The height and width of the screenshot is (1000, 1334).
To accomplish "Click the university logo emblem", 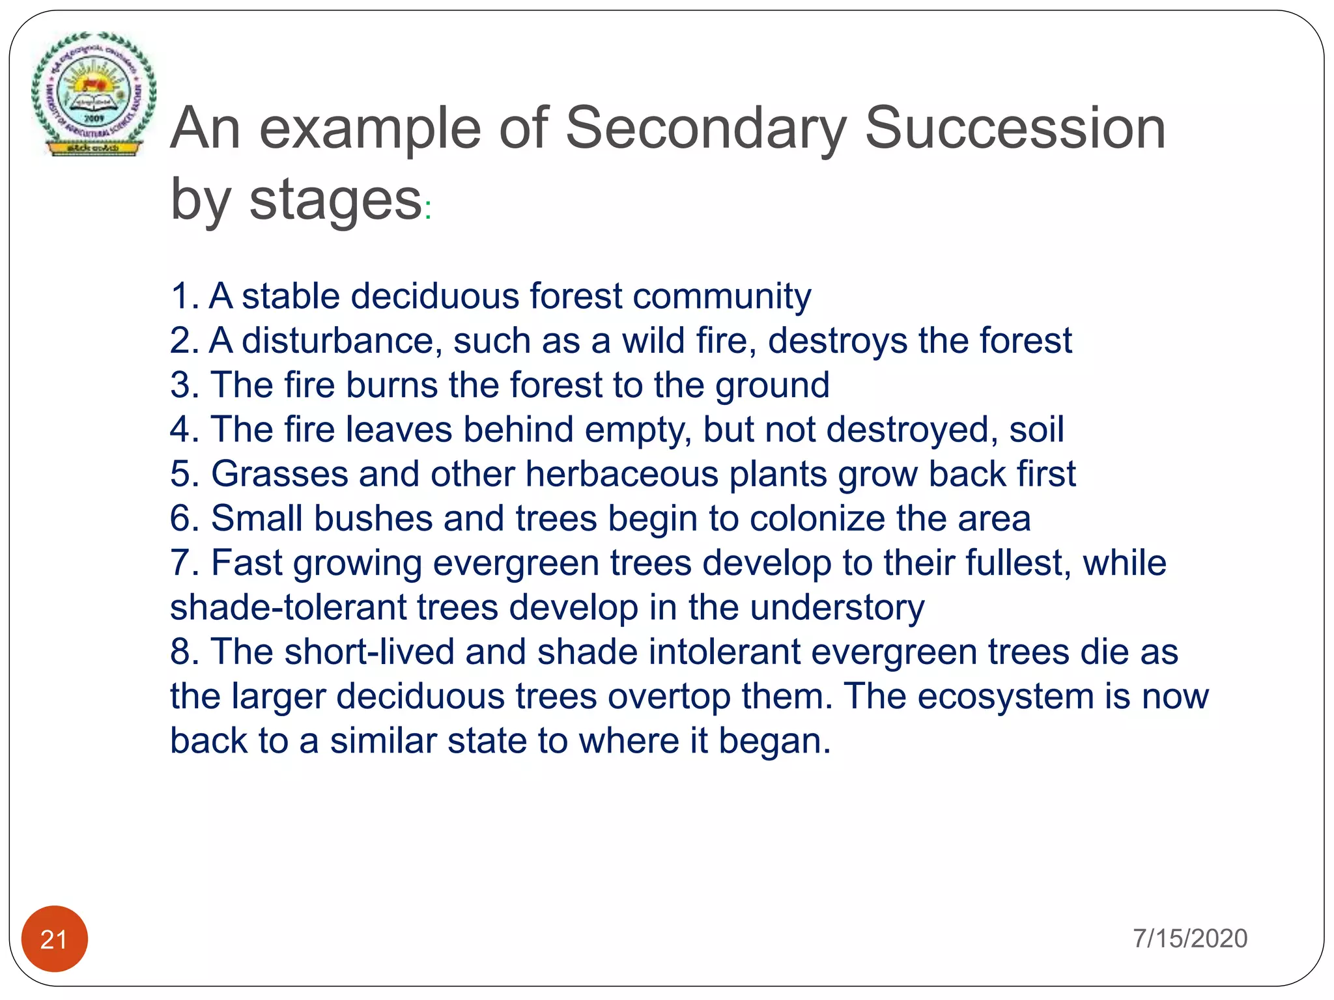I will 94,93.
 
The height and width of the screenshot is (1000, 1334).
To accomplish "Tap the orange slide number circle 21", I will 55,939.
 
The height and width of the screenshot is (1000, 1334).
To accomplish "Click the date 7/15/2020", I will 1189,938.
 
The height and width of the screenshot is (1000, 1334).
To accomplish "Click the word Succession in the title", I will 1014,128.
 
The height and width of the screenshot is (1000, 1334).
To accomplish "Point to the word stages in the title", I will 335,199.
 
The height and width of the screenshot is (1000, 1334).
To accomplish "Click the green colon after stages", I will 428,210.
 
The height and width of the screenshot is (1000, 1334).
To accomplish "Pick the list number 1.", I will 183,296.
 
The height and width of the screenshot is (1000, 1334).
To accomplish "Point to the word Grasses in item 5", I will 279,474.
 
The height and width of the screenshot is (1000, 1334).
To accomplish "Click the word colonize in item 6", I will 817,519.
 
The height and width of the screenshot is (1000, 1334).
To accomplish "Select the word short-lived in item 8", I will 369,652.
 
